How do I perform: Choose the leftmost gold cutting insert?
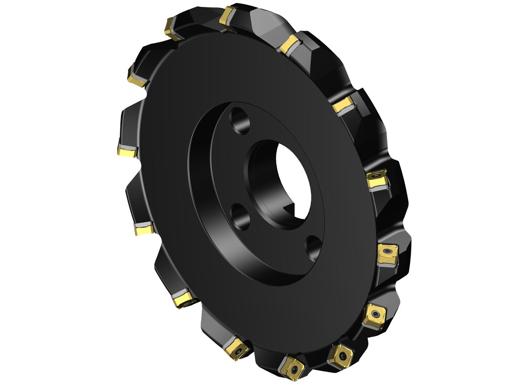tap(127, 151)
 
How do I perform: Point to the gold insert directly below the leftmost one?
tap(144, 229)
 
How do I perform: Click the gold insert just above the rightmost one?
tap(375, 179)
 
